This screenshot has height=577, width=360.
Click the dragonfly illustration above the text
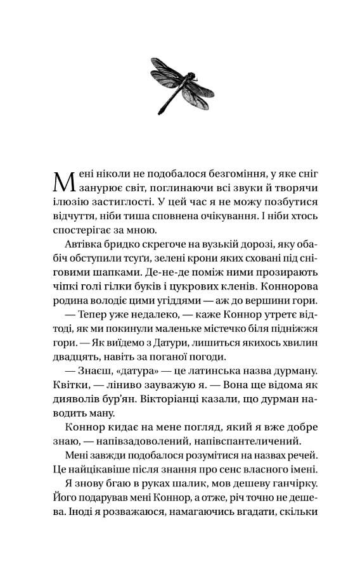[179, 82]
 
